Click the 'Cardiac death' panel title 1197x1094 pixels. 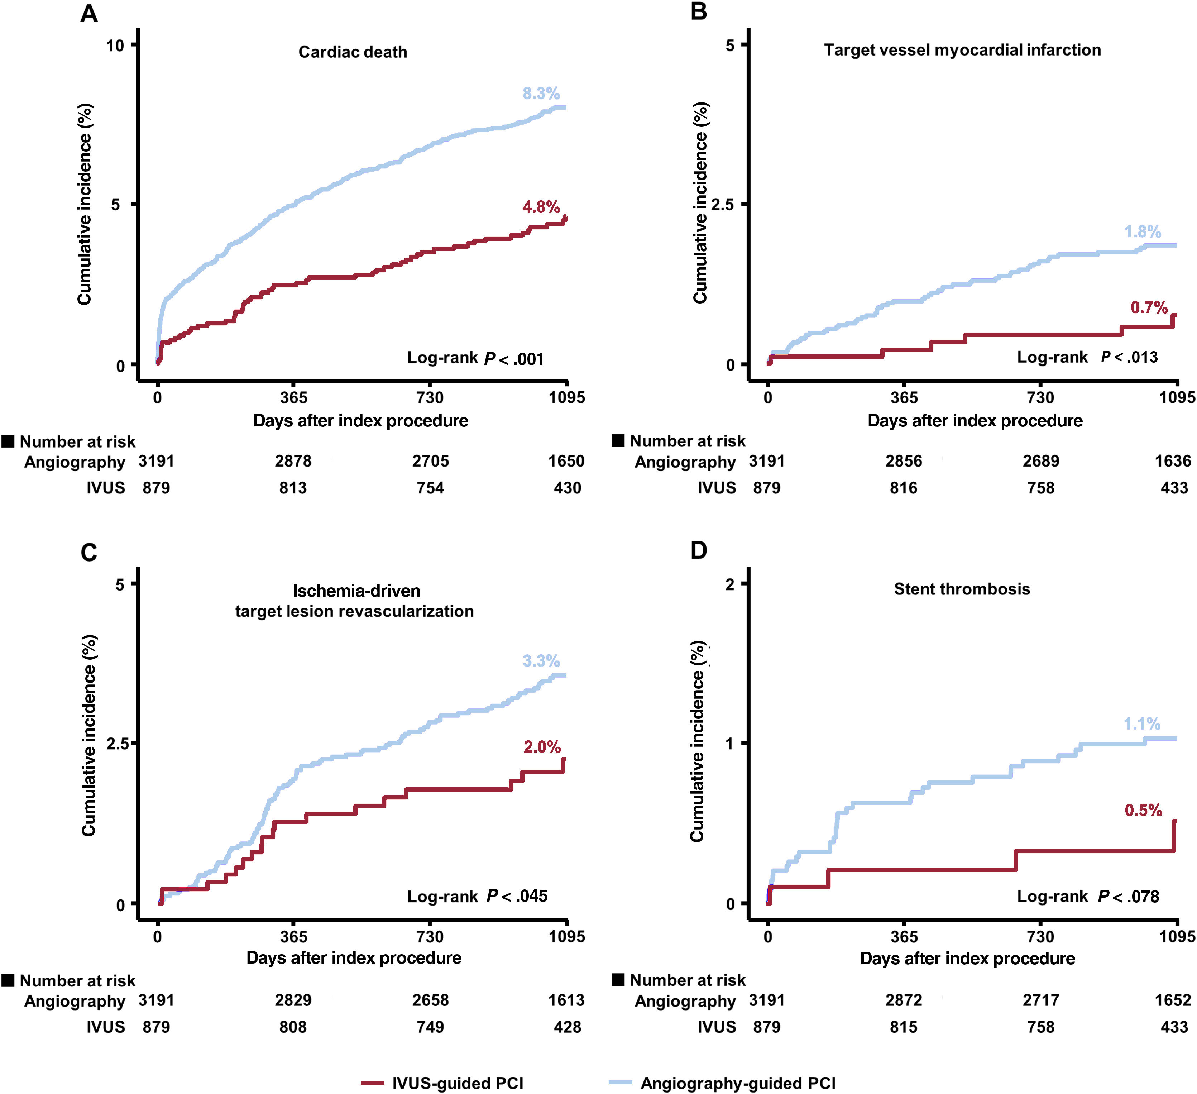pos(353,52)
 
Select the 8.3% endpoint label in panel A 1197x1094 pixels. pos(541,93)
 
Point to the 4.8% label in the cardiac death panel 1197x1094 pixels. pos(541,207)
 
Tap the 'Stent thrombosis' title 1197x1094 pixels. pos(962,589)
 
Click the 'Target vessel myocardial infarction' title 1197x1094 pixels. pos(962,50)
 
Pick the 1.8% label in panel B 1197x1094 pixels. pos(1143,231)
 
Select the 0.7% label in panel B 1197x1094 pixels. pos(1149,308)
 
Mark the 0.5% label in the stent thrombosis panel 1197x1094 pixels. pos(1143,810)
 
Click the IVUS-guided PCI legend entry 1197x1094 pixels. pos(442,1083)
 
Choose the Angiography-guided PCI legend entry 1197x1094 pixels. pos(722,1083)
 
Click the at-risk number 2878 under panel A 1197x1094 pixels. pos(293,461)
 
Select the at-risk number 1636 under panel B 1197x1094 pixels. pos(1173,461)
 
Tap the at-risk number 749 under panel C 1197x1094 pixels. pos(430,1027)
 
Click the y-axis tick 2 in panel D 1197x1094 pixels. pos(730,584)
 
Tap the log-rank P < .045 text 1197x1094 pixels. pos(477,896)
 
